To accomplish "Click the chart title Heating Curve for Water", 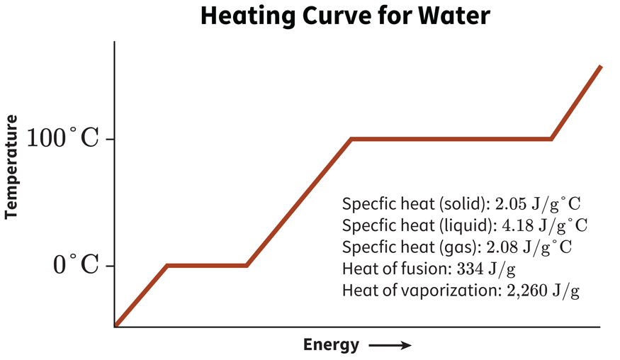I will click(344, 16).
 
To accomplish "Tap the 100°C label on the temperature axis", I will click(62, 138).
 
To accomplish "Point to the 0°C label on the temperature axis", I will click(76, 266).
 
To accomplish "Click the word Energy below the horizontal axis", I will click(331, 345).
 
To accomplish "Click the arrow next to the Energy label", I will click(389, 346).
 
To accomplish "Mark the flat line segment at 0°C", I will click(206, 266).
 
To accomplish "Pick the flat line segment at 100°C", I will click(451, 139).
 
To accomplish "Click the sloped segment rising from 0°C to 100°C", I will click(298, 203).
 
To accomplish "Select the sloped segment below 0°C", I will click(141, 296).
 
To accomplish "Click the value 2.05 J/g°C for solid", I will click(538, 204).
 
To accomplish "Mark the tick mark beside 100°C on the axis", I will click(110, 139).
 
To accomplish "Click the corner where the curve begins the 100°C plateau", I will click(351, 139).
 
